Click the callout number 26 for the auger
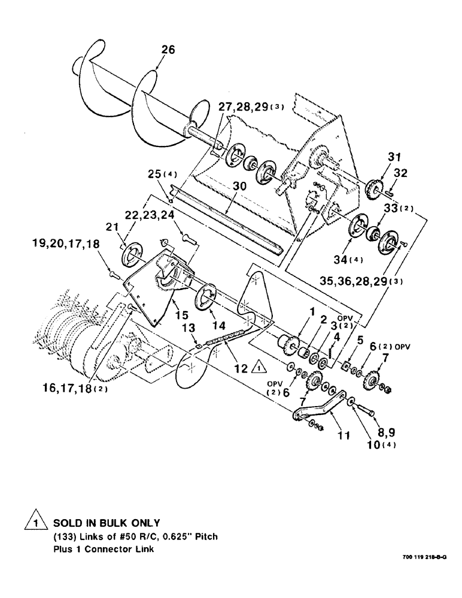[x=168, y=51]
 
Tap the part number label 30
[x=223, y=187]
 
